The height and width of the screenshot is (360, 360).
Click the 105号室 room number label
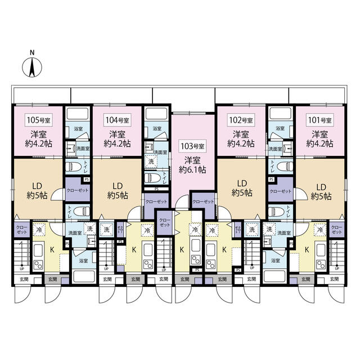(38, 120)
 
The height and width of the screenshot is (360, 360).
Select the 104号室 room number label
(117, 120)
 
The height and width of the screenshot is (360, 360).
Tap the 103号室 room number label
(192, 146)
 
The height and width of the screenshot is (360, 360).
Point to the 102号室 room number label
(240, 120)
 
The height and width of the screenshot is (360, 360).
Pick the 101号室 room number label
(319, 120)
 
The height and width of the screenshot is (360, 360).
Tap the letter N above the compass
(33, 53)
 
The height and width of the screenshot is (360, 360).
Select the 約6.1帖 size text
(193, 168)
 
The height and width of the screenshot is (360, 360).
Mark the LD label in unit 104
(118, 186)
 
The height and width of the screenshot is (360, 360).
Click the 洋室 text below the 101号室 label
(320, 134)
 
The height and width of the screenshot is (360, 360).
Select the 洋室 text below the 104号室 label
(117, 134)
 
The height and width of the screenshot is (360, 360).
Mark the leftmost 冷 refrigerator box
(39, 229)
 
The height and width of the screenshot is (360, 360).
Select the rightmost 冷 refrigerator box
(319, 230)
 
